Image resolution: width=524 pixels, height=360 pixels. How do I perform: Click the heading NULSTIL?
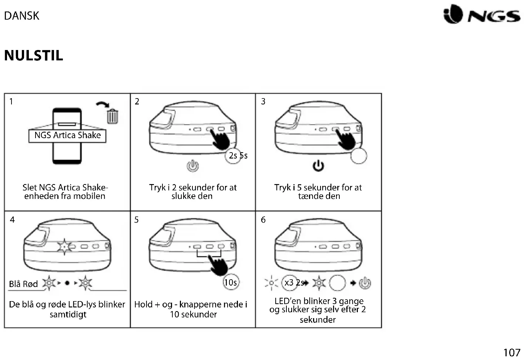tap(34, 56)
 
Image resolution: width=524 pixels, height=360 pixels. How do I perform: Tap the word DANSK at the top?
tap(21, 16)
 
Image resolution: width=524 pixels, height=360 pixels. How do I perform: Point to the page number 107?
tap(511, 352)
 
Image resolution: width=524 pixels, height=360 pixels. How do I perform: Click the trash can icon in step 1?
tap(112, 116)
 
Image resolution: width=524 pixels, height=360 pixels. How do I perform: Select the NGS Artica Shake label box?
tap(67, 136)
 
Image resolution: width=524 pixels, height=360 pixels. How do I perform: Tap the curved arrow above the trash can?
tap(103, 105)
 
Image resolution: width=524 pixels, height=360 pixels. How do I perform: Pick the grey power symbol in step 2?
tap(192, 166)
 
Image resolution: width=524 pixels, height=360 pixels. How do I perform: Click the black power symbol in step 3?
tap(318, 166)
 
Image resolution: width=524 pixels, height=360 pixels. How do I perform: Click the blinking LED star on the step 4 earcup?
tap(64, 246)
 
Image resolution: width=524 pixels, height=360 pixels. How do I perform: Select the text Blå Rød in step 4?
tap(23, 284)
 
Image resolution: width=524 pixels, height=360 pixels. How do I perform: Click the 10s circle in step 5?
tap(231, 283)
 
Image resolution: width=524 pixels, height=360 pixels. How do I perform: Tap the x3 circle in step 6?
tap(289, 283)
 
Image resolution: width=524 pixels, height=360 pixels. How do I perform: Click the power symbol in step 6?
tap(365, 283)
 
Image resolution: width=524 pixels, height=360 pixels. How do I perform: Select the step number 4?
tap(12, 220)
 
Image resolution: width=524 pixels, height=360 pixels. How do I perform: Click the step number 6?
tap(263, 220)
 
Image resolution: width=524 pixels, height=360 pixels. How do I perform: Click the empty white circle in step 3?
tap(359, 156)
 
